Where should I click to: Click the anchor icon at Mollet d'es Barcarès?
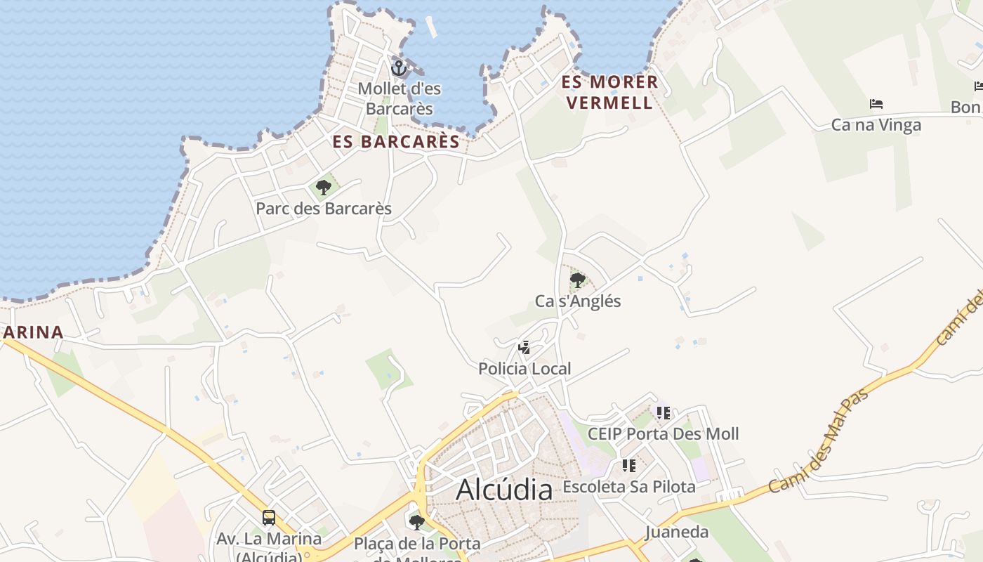pos(399,68)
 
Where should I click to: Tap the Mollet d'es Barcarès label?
pos(399,99)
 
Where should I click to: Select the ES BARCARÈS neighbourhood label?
pos(396,142)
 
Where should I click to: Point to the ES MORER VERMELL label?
pos(609,92)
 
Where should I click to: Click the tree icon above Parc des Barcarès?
pos(324,187)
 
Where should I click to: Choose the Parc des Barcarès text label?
pos(324,209)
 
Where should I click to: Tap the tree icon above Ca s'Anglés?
pos(578,280)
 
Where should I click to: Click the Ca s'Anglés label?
pos(578,301)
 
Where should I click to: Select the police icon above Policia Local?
pos(524,347)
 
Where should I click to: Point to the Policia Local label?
pos(525,369)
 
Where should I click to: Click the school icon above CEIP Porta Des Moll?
pos(664,412)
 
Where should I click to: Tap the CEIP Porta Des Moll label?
pos(663,433)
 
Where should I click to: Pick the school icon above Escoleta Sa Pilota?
pos(629,465)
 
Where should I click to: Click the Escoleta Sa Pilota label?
pos(629,487)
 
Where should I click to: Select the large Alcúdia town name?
pos(504,490)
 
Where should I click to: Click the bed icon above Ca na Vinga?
pos(876,104)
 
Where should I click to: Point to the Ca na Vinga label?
pos(876,125)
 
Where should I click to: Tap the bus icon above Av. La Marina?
pos(269,518)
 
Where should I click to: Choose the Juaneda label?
pos(677,532)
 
